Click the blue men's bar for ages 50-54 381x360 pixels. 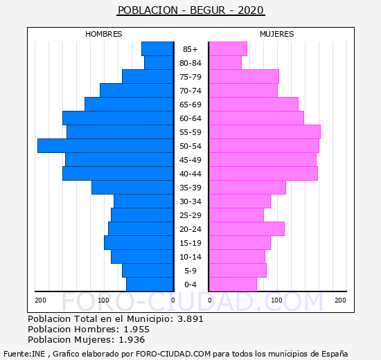105,146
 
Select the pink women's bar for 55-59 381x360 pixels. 265,132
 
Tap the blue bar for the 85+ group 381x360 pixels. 157,49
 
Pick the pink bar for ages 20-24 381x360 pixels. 247,229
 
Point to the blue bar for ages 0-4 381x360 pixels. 150,285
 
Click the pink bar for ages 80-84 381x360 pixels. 225,63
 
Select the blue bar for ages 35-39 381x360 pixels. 132,188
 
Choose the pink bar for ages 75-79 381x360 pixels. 244,77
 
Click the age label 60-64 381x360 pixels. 190,118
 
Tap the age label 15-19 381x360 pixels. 190,243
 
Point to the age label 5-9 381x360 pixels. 190,271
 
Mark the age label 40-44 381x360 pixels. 190,174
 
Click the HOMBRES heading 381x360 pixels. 104,34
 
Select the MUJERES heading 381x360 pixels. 277,34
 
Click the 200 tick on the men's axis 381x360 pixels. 40,300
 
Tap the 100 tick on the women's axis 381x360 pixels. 276,300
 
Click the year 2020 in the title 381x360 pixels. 251,10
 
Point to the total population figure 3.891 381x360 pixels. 190,318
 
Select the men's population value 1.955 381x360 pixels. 136,329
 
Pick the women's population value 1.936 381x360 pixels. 132,340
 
